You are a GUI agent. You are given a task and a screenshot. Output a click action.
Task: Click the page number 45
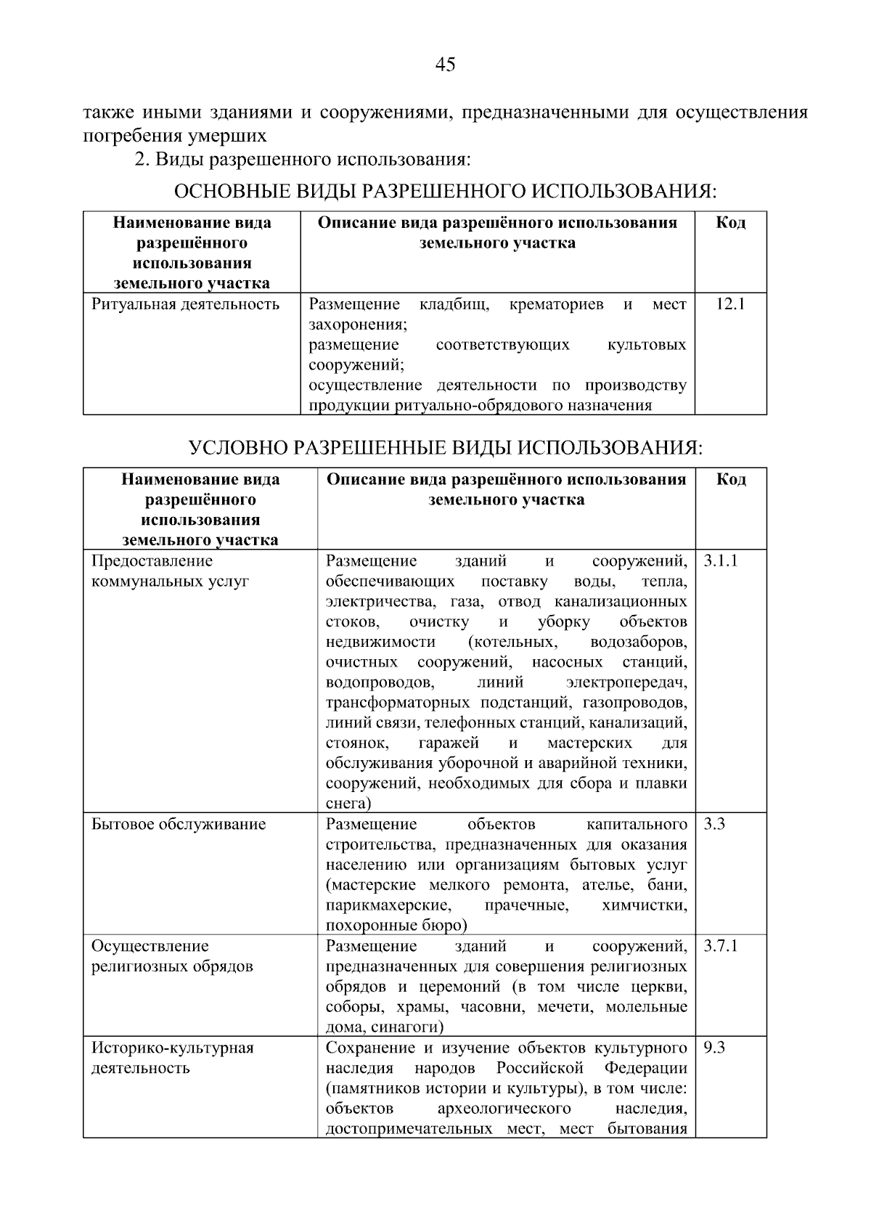445,65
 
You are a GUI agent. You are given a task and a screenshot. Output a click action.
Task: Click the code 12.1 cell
730,304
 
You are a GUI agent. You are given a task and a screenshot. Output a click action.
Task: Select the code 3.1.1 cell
720,561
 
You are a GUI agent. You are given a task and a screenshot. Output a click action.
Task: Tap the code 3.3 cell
714,825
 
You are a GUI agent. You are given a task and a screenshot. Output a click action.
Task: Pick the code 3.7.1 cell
720,947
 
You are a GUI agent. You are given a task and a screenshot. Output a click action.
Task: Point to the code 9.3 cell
714,1048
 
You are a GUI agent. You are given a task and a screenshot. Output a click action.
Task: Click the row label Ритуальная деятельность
185,304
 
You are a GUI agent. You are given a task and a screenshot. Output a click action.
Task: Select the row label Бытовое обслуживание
179,825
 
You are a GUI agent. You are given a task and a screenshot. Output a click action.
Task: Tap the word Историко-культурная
172,1048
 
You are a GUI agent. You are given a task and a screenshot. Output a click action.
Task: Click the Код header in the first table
730,223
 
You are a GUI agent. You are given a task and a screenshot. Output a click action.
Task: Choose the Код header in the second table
731,480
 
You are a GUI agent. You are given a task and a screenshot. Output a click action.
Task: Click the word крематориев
556,304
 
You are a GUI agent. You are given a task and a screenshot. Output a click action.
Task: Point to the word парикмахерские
388,906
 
